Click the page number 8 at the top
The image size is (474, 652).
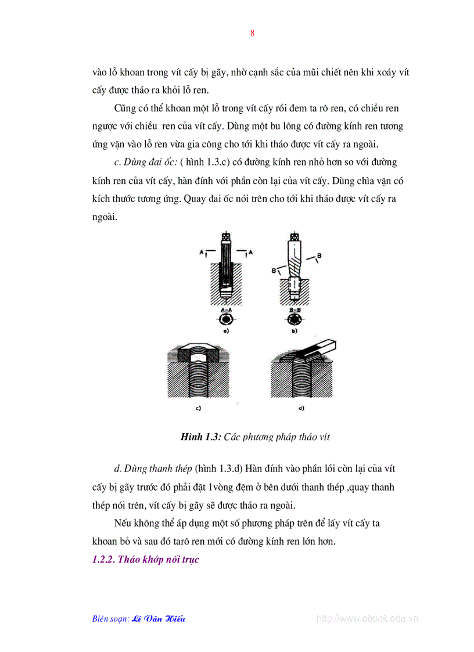pos(252,33)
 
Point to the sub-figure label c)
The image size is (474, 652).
pos(198,408)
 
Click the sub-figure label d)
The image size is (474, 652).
pos(301,408)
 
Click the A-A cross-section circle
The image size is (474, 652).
pos(227,319)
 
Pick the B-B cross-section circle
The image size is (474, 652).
pos(295,319)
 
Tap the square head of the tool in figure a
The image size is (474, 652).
pos(226,237)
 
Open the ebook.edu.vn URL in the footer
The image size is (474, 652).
pos(367,618)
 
